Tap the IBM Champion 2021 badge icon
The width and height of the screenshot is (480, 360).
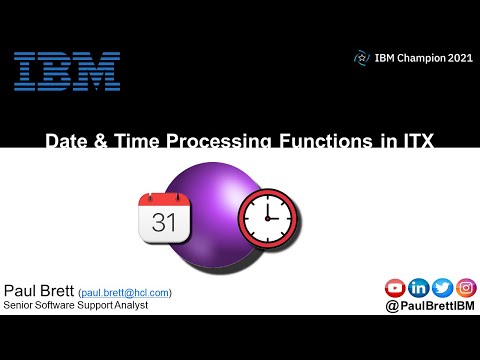(362, 58)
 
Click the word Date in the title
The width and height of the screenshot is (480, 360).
(65, 142)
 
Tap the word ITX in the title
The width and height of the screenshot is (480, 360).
(412, 142)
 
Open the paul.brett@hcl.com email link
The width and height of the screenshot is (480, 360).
(131, 292)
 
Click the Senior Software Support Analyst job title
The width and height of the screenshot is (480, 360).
(76, 305)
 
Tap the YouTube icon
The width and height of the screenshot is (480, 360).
(395, 288)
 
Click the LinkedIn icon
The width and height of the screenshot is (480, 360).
(418, 288)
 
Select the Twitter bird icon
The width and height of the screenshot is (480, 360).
(442, 288)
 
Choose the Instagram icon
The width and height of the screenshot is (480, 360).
(465, 288)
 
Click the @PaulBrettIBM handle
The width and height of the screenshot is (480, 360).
(430, 307)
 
